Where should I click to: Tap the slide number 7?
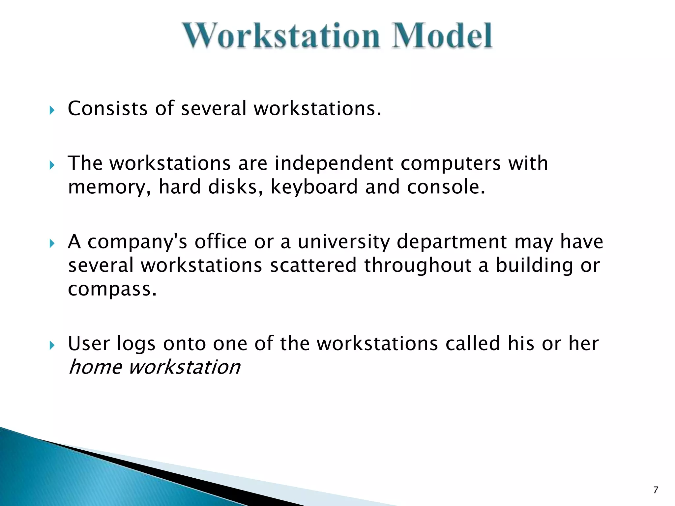click(656, 490)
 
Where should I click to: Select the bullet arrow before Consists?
click(51, 110)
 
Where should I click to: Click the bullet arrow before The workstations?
click(51, 165)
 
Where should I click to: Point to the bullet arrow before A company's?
click(51, 243)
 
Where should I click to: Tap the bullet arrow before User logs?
click(51, 345)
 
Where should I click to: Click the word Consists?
click(107, 108)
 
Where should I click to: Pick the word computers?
click(451, 164)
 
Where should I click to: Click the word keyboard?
click(314, 187)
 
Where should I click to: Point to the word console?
click(446, 187)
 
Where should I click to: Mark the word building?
click(534, 266)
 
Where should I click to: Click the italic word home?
click(95, 367)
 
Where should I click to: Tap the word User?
click(89, 344)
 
